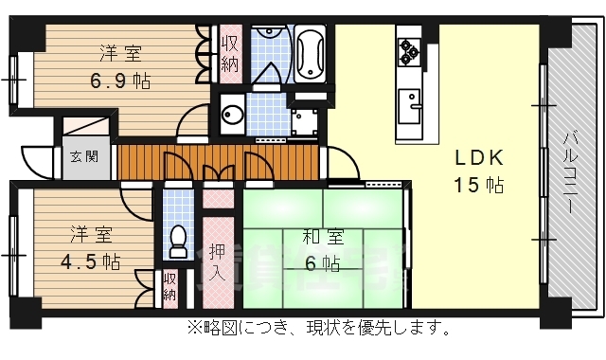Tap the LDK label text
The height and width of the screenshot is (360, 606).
pos(475,157)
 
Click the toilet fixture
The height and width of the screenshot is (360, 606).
pos(176,242)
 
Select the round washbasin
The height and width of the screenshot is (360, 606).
pos(232,117)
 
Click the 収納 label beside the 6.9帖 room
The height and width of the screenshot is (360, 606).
pos(230,54)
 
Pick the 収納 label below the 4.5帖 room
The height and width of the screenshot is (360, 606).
pos(169,287)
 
